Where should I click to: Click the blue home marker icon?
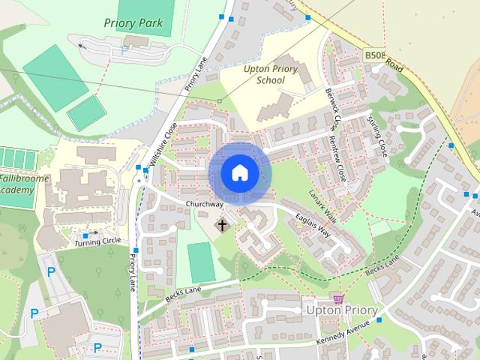(239, 173)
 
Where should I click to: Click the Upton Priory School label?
(271, 74)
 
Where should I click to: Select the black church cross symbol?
(222, 224)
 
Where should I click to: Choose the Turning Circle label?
(97, 241)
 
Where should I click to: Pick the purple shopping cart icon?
(338, 298)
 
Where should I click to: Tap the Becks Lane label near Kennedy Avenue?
(383, 268)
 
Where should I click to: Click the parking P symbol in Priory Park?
(124, 51)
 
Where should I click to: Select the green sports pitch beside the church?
(199, 262)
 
